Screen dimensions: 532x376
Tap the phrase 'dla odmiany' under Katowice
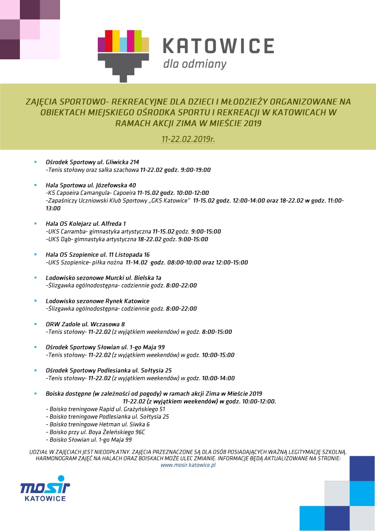coord(195,64)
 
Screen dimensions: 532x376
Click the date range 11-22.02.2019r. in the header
coord(188,139)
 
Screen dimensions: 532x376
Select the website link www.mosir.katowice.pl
coord(188,465)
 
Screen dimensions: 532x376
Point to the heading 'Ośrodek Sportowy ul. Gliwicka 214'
coord(92,162)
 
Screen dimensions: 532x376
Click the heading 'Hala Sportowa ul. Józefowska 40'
coord(91,185)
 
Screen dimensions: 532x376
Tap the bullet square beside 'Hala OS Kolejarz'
coord(35,224)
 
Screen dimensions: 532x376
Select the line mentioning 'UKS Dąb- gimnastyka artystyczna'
coord(127,239)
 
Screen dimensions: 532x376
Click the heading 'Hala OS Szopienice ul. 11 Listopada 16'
coord(98,254)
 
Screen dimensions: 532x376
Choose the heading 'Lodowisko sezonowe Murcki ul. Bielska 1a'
coord(104,278)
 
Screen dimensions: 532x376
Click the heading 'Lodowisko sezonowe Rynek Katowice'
coord(97,301)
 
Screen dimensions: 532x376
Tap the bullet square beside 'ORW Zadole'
coord(35,324)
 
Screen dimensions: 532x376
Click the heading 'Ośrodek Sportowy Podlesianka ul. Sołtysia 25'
coord(109,370)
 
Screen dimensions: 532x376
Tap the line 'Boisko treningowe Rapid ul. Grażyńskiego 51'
coord(105,409)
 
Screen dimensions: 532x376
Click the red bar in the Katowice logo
coord(108,42)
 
